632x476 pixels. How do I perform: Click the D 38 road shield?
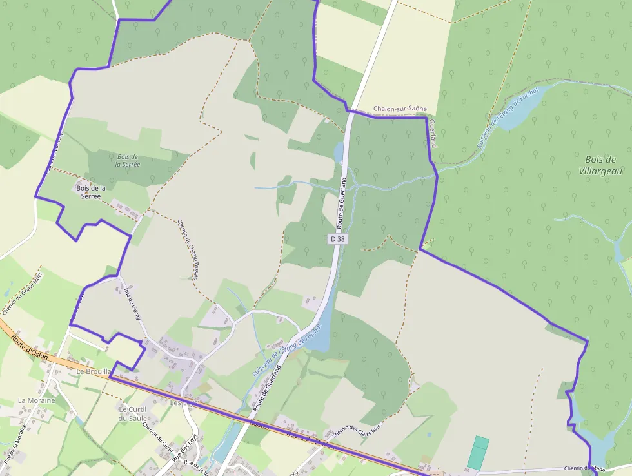point(337,239)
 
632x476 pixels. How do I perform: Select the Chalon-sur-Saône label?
point(400,110)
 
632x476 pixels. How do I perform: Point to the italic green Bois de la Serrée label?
point(128,160)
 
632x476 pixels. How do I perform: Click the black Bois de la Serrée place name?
point(91,192)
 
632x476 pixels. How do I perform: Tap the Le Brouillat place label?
point(94,372)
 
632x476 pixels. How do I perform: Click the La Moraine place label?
point(37,400)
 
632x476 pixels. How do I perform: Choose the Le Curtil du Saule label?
point(133,413)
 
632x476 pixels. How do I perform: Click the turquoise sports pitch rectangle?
point(478,453)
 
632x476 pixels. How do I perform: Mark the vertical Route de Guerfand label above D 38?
point(343,201)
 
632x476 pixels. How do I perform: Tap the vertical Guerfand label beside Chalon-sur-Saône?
point(432,133)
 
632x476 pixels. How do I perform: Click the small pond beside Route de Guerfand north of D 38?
point(339,152)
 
